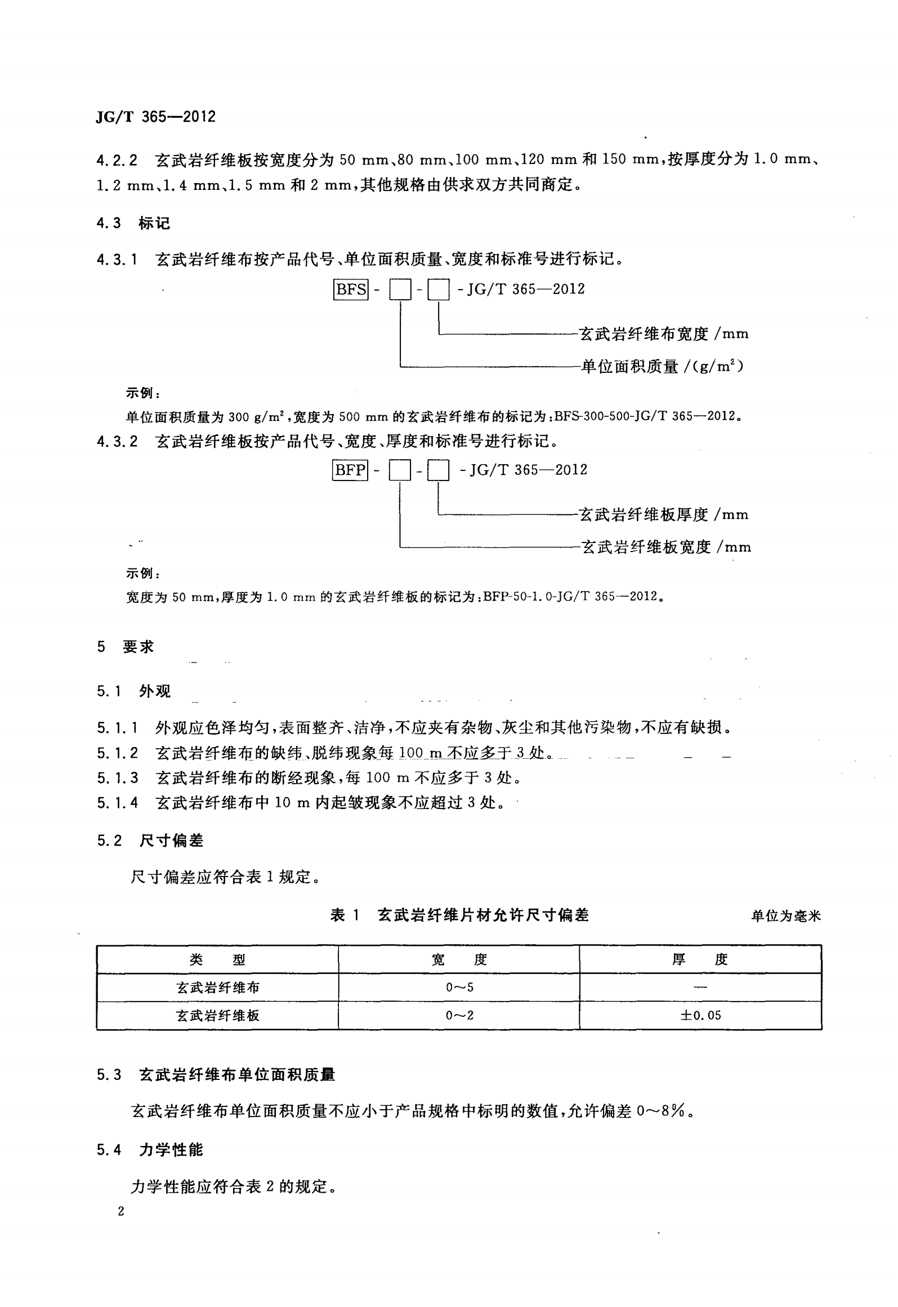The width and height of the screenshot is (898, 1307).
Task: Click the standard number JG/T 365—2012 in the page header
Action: (x=156, y=117)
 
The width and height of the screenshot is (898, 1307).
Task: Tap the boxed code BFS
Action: (x=351, y=290)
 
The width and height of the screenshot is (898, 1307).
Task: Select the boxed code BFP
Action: (x=350, y=470)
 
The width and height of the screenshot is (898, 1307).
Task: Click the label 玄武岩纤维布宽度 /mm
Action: (x=664, y=334)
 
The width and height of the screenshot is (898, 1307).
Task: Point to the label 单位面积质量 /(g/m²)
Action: (x=662, y=367)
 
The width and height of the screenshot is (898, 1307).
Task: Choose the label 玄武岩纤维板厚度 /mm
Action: (x=664, y=514)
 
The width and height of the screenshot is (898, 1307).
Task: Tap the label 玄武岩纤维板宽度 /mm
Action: (x=665, y=547)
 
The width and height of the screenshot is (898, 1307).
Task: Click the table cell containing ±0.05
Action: (x=700, y=1016)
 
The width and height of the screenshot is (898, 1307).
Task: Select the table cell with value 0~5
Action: (x=459, y=988)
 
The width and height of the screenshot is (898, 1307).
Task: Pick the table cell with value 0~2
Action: (x=459, y=1016)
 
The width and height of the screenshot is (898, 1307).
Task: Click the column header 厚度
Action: (x=700, y=959)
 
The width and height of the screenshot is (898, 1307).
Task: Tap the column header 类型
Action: (x=217, y=959)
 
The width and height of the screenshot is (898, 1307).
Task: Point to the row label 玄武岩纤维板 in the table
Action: (x=217, y=1016)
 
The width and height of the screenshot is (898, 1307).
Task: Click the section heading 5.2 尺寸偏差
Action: (x=150, y=841)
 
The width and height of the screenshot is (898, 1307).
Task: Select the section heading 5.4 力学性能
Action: (x=150, y=1150)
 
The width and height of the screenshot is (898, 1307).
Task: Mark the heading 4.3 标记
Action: (x=133, y=224)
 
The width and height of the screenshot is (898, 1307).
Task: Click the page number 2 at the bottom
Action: (x=120, y=1211)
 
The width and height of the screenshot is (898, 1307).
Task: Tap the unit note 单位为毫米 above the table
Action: (x=786, y=917)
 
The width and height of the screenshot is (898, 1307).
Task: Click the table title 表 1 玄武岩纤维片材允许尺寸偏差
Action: (x=459, y=915)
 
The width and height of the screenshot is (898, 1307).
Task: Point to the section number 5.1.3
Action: (x=117, y=778)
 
